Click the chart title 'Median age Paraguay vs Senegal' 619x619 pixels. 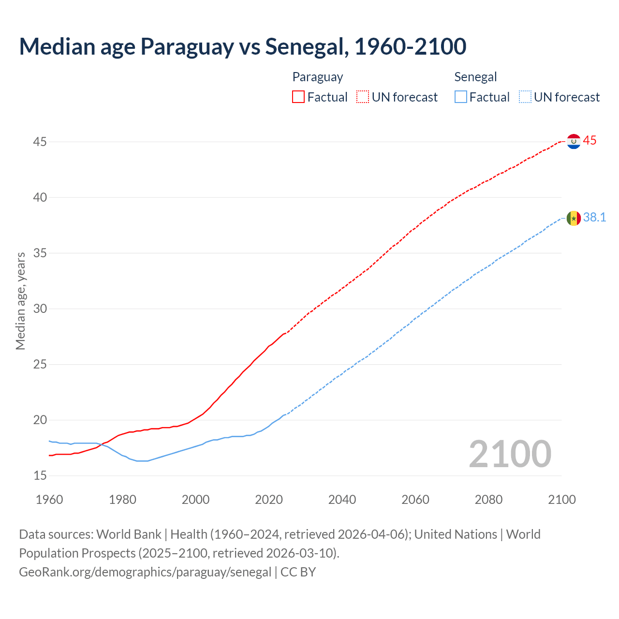click(x=242, y=46)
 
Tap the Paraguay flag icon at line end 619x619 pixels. click(x=574, y=141)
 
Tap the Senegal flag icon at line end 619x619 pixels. click(x=574, y=218)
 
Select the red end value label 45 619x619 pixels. click(x=590, y=141)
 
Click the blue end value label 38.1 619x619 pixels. click(x=594, y=218)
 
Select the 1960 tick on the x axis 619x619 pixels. click(x=49, y=500)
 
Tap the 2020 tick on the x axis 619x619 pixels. click(x=269, y=500)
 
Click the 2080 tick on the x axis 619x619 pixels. click(x=488, y=500)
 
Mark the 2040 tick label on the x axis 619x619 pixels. click(x=342, y=500)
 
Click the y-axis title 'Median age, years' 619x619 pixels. click(x=20, y=301)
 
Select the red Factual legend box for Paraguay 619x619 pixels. click(x=298, y=97)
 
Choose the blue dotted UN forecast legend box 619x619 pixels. click(x=525, y=97)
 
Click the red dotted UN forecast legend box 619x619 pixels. click(x=363, y=97)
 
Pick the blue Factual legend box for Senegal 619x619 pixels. click(x=461, y=97)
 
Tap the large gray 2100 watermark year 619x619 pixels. click(x=510, y=454)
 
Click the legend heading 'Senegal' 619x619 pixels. click(x=475, y=77)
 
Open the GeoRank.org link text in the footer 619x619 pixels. click(x=145, y=572)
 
